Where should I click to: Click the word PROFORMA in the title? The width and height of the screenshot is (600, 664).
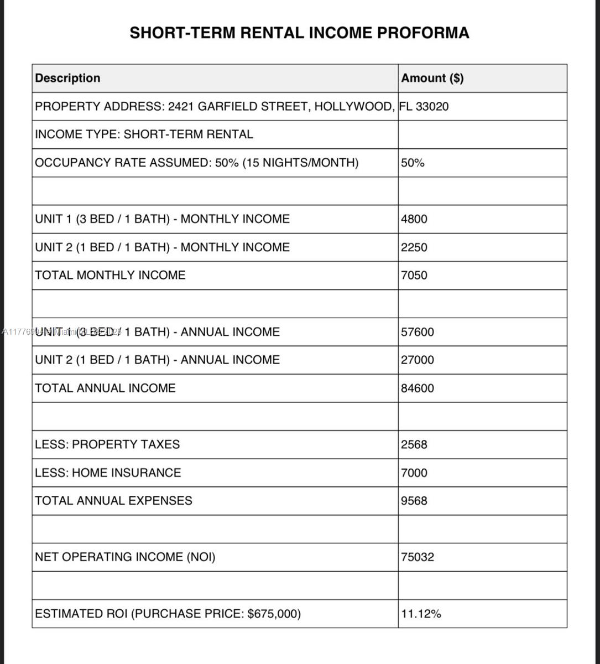(x=423, y=33)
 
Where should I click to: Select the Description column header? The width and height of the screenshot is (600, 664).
(x=67, y=78)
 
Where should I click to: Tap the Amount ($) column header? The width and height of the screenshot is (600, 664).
(x=432, y=78)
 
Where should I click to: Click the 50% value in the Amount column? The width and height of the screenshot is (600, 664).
(x=413, y=163)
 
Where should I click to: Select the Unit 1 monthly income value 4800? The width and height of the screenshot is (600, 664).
(x=414, y=219)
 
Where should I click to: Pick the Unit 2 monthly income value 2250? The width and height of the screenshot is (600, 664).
(x=414, y=247)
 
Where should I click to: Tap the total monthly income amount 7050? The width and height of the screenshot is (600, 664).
(x=414, y=276)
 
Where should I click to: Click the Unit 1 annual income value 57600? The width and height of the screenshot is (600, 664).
(x=418, y=332)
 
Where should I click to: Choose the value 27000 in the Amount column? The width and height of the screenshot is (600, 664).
(x=418, y=360)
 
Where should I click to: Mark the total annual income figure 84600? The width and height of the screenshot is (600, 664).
(x=418, y=388)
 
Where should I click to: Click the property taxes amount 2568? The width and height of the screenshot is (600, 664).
(x=414, y=444)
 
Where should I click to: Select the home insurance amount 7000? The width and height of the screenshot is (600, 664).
(x=414, y=473)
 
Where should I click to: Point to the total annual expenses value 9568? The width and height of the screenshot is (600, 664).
(x=414, y=501)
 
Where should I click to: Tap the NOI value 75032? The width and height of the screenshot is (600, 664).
(x=418, y=557)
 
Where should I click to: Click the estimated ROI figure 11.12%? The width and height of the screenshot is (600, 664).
(x=421, y=614)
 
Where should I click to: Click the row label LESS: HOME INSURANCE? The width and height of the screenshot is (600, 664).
(x=108, y=473)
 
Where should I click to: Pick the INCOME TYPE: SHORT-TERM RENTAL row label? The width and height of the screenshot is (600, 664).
(x=144, y=134)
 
